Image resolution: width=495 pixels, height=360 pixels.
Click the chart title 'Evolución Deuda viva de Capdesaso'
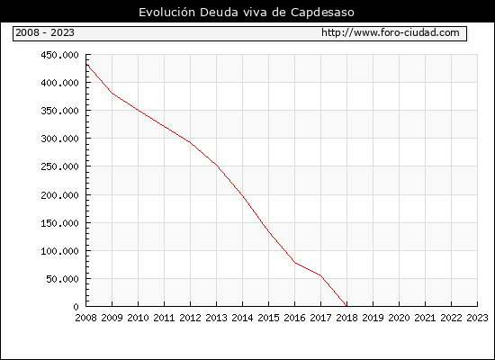(x=247, y=13)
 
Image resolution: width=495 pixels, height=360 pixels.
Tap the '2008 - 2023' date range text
(x=45, y=32)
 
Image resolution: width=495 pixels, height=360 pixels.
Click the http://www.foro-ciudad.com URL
(x=391, y=32)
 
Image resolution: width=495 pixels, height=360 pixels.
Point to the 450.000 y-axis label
(x=59, y=55)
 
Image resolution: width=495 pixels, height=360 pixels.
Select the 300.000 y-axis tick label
(x=59, y=139)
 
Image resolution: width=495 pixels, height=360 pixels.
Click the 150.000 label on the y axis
(x=59, y=223)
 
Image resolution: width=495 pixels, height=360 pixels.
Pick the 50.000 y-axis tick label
(x=62, y=279)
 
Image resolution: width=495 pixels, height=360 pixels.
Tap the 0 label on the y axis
(x=76, y=307)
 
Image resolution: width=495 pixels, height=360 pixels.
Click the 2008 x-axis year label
(x=85, y=318)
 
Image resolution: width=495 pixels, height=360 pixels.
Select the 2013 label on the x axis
(x=216, y=318)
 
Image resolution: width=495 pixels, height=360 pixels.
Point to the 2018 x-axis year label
(x=346, y=318)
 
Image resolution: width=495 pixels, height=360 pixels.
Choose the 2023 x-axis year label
(x=477, y=318)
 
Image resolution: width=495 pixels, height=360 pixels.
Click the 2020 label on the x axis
(x=399, y=318)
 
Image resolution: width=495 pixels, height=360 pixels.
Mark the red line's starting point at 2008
(x=86, y=64)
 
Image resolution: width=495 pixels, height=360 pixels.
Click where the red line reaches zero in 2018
(x=346, y=306)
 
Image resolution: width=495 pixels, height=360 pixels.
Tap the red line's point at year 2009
(x=112, y=94)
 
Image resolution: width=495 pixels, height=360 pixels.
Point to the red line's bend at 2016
(x=295, y=263)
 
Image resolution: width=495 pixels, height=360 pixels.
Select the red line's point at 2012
(x=191, y=142)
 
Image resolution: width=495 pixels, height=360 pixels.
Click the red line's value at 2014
(x=242, y=195)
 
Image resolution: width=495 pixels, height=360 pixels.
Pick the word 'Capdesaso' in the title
(x=322, y=13)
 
